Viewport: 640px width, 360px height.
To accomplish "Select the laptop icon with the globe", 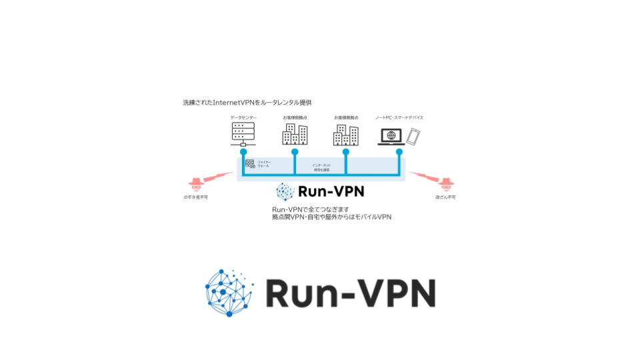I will (390, 136).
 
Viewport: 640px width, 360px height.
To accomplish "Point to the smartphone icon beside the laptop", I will (414, 136).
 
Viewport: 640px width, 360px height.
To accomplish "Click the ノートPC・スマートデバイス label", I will (399, 117).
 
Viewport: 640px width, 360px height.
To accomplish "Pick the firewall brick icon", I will (250, 163).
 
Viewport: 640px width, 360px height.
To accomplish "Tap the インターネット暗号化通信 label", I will (321, 167).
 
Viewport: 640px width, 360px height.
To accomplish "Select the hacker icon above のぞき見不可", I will (196, 183).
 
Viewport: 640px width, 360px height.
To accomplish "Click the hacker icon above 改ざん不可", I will (445, 183).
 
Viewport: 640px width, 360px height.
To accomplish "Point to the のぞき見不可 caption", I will (196, 197).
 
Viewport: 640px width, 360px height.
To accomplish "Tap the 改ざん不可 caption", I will (445, 197).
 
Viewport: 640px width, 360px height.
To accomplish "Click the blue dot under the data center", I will (243, 152).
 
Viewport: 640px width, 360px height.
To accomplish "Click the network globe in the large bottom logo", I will (229, 292).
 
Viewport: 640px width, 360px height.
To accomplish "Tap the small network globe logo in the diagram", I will (285, 192).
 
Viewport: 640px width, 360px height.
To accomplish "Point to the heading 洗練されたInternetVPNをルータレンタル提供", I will (247, 103).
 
